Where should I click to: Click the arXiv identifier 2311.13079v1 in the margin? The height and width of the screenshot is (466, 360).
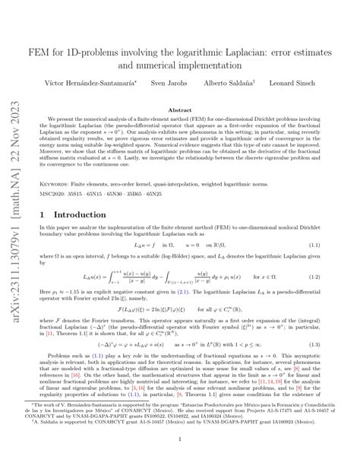[x=17, y=296]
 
